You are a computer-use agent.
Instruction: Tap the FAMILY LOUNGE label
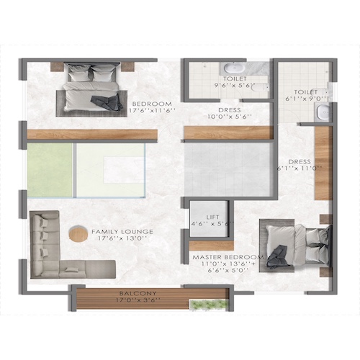(122, 232)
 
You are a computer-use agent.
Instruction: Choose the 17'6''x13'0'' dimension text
(122, 240)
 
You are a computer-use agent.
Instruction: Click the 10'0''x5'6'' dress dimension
(228, 116)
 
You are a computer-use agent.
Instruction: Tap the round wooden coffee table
(77, 234)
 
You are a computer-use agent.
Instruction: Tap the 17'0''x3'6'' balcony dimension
(138, 301)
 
